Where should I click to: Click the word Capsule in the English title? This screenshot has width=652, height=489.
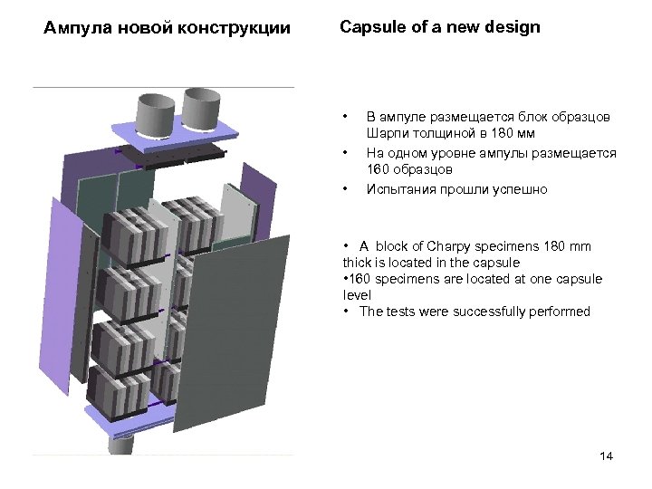tap(369, 27)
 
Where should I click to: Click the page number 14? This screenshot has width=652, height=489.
tap(606, 455)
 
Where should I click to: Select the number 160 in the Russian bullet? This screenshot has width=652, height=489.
tap(379, 169)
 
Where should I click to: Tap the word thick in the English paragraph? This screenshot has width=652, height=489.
tap(358, 263)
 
